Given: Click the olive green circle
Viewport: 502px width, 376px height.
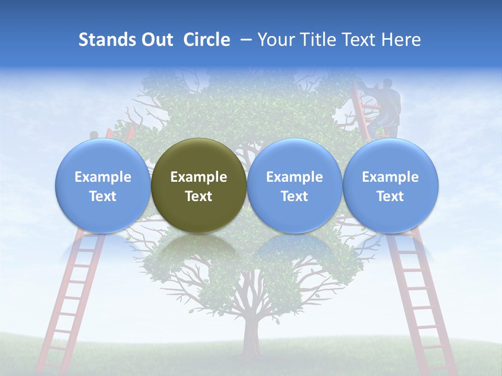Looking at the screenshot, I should click(199, 185).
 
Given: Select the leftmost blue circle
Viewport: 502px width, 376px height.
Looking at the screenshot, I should click(103, 185).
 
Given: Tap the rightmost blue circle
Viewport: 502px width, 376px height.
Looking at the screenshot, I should click(391, 185).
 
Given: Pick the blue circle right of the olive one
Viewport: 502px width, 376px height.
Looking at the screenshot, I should click(294, 185).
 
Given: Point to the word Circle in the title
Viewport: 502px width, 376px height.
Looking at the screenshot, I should click(207, 40).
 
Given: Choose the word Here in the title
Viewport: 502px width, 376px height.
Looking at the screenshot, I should click(401, 40).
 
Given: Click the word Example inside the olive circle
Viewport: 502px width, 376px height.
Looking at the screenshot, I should click(199, 177).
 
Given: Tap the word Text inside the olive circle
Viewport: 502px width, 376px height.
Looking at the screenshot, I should click(199, 196).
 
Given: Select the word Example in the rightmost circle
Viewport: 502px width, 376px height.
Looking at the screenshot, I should click(391, 177).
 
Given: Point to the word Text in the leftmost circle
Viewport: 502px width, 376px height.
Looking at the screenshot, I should click(103, 196).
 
